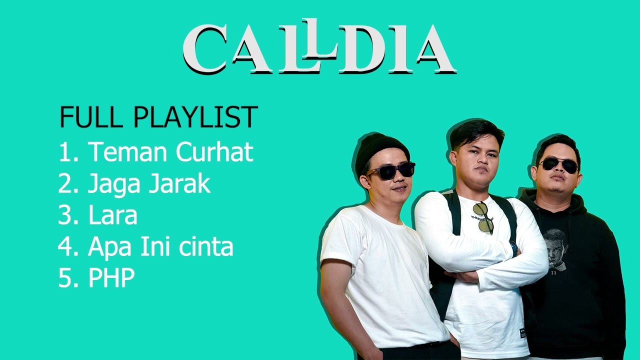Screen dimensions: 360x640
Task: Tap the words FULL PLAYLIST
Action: (158, 117)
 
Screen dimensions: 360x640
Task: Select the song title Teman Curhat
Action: (170, 152)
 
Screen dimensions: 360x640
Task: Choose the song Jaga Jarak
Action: (149, 184)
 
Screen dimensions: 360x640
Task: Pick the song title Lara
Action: (112, 215)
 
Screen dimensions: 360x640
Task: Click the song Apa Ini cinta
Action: (160, 247)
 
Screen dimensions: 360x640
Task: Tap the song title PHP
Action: (111, 278)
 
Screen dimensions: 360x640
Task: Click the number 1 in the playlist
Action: (65, 152)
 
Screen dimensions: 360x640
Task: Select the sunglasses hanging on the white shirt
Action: (484, 217)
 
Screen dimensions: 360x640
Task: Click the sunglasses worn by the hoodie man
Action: (559, 164)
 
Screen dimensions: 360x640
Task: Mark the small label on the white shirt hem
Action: (523, 332)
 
